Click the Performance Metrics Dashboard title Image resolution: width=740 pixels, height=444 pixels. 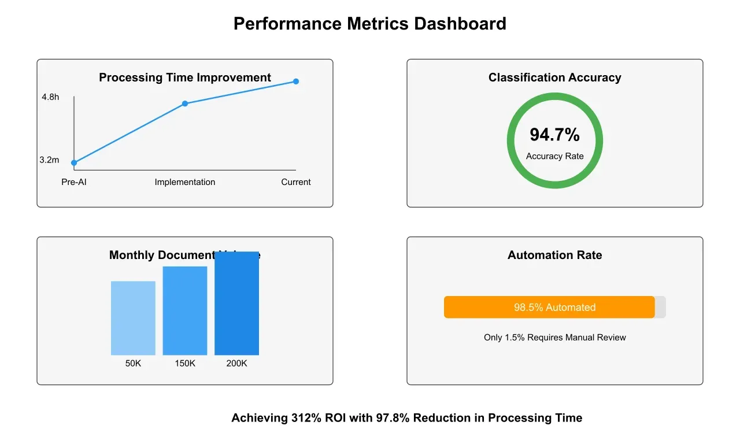[x=370, y=24]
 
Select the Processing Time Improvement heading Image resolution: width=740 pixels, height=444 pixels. [x=185, y=77]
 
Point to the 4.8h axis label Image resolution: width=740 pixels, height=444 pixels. [x=50, y=97]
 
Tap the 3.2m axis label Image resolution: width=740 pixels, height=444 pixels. [x=49, y=160]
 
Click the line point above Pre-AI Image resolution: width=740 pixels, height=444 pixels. [x=74, y=163]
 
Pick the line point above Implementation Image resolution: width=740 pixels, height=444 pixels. [x=185, y=103]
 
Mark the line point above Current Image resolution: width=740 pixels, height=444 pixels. [x=296, y=82]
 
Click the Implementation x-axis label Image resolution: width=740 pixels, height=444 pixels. [x=185, y=182]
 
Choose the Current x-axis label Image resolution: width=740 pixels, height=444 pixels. [x=296, y=182]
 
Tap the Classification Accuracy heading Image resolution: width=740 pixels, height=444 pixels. [x=555, y=77]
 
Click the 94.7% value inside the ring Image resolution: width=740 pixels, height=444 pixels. [x=555, y=135]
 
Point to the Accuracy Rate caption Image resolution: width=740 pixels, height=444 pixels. [x=555, y=156]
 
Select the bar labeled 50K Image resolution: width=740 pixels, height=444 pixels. [x=133, y=318]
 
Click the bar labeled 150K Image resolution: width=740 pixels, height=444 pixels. [x=185, y=310]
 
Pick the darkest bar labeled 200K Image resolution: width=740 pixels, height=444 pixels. [x=237, y=304]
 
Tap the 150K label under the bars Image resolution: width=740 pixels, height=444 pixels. [x=185, y=364]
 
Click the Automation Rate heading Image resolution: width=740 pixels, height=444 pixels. [x=555, y=255]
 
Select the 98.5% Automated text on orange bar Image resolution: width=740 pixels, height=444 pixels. [x=555, y=308]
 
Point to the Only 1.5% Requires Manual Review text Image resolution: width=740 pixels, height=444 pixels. [x=555, y=338]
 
